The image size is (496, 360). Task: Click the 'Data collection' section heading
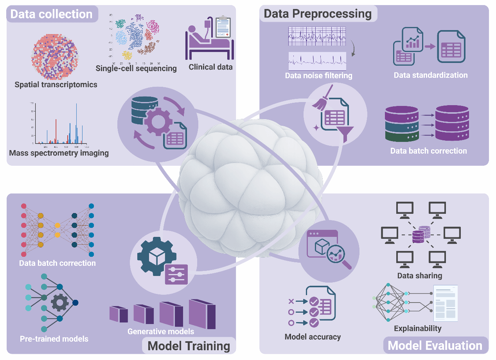[x=51, y=14]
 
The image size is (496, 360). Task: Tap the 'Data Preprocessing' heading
[x=318, y=14]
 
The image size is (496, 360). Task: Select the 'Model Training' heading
[x=189, y=346]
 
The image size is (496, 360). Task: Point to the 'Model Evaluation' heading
[x=435, y=346]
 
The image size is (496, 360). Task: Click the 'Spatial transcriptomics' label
[x=56, y=84]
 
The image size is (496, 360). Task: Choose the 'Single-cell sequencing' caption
[x=136, y=68]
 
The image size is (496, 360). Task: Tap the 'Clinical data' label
[x=210, y=67]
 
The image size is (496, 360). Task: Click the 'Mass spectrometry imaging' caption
[x=59, y=153]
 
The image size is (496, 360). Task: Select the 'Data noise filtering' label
[x=318, y=75]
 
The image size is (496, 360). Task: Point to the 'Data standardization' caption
[x=430, y=75]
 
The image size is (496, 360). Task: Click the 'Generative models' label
[x=161, y=331]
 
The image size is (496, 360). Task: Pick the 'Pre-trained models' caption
[x=54, y=339]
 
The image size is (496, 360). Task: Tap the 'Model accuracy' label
[x=313, y=337]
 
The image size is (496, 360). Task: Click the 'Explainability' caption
[x=417, y=328]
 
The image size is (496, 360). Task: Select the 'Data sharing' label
[x=419, y=276]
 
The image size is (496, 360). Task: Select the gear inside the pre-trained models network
[x=60, y=302]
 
